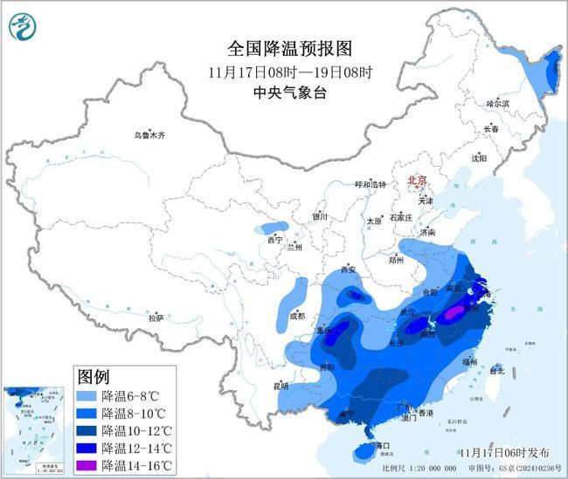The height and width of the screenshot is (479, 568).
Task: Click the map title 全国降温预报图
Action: [x=282, y=48]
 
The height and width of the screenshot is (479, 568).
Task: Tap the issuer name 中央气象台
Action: [x=282, y=91]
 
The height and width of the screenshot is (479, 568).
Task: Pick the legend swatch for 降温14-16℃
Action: [x=87, y=464]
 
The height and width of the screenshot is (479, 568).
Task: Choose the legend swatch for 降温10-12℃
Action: [x=87, y=430]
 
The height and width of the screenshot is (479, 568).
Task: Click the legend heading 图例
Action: [x=94, y=377]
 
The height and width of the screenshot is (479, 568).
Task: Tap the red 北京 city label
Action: [x=417, y=180]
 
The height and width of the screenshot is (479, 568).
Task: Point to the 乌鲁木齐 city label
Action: [x=149, y=135]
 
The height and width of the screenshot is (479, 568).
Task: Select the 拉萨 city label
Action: [x=156, y=318]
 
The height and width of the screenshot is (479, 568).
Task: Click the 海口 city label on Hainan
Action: [x=379, y=446]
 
